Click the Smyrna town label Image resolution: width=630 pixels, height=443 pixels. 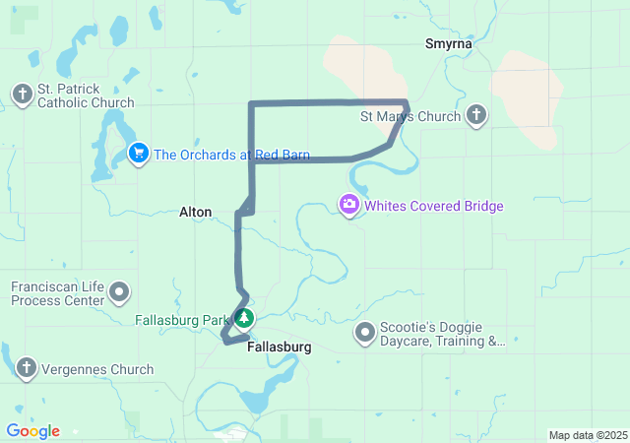(x=448, y=44)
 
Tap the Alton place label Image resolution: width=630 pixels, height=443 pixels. (x=195, y=212)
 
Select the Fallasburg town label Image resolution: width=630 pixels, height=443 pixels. (x=280, y=348)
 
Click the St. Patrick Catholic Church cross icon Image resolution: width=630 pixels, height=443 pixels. (x=23, y=95)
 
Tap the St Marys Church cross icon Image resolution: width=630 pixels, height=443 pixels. (x=475, y=117)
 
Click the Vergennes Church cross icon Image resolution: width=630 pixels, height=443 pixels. (x=26, y=369)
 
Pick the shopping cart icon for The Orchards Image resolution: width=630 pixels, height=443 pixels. (x=139, y=154)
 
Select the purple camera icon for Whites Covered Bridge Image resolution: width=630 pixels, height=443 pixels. (x=348, y=206)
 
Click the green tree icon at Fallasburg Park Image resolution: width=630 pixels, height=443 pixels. (x=244, y=319)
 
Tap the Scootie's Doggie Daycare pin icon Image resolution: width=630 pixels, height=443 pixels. (x=365, y=333)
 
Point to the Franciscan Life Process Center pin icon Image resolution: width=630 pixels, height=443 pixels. (x=120, y=292)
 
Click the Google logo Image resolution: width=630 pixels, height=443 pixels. (x=32, y=431)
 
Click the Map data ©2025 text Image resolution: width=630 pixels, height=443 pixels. (x=588, y=435)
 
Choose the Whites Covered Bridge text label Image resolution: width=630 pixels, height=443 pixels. (x=434, y=207)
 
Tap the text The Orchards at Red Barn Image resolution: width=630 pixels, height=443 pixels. (x=231, y=155)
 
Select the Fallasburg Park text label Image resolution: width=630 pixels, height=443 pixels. (x=182, y=320)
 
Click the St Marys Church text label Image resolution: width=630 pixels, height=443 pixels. (x=410, y=117)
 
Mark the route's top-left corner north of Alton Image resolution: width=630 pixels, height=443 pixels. (x=252, y=103)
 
